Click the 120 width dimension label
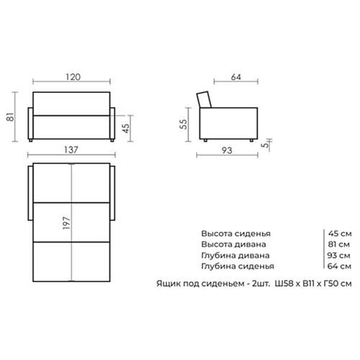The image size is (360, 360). tap(73, 77)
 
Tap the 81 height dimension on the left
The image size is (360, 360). tap(11, 117)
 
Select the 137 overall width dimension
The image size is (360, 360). tap(71, 150)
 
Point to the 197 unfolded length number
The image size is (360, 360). tap(66, 222)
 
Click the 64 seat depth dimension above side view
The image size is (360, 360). tap(236, 77)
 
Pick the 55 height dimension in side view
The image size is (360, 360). tap(184, 124)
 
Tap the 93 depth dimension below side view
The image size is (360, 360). tap(227, 150)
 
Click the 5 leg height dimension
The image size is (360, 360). tap(265, 145)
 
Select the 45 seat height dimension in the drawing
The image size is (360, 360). tap(126, 128)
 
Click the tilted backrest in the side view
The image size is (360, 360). tap(204, 100)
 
